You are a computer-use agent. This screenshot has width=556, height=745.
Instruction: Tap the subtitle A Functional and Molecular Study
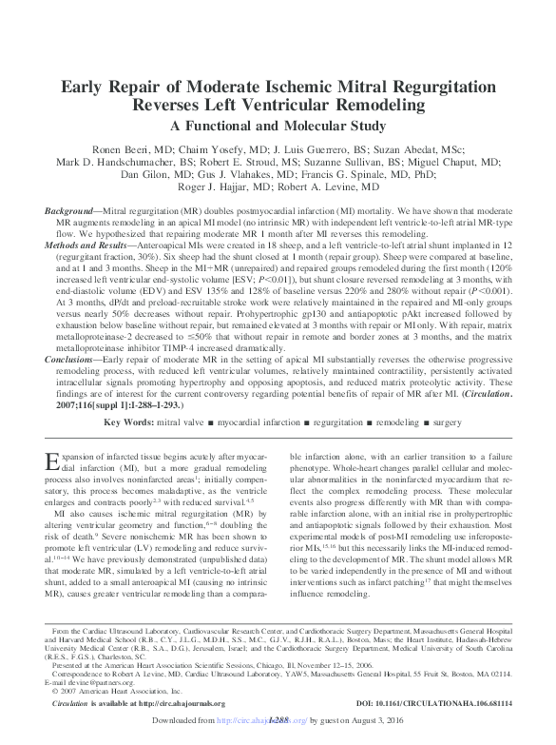click(278, 125)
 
